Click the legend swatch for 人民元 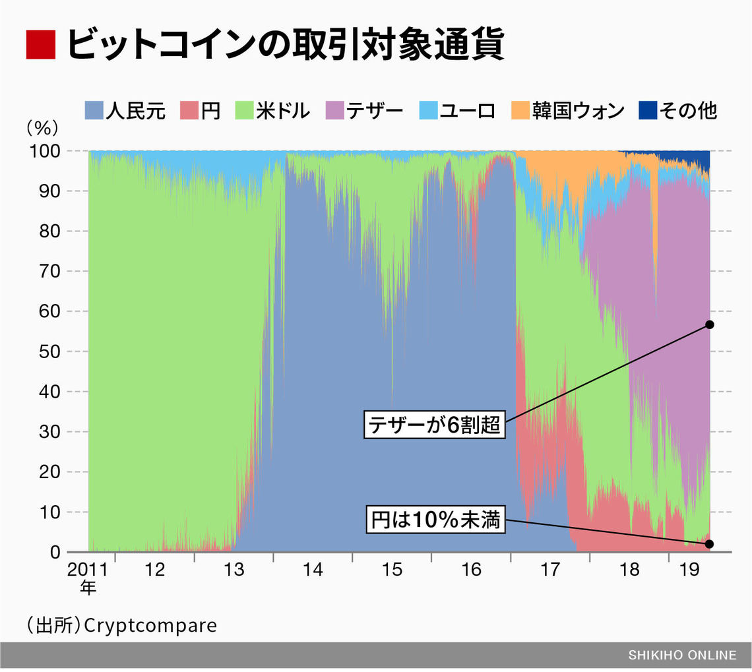coord(95,111)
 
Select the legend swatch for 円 coord(189,111)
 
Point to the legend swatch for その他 coord(648,111)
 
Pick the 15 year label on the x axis coord(392,570)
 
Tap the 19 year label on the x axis coord(689,570)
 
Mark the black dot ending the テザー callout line coord(710,324)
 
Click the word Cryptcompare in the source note coord(152,625)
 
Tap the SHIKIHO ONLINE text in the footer coord(681,655)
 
